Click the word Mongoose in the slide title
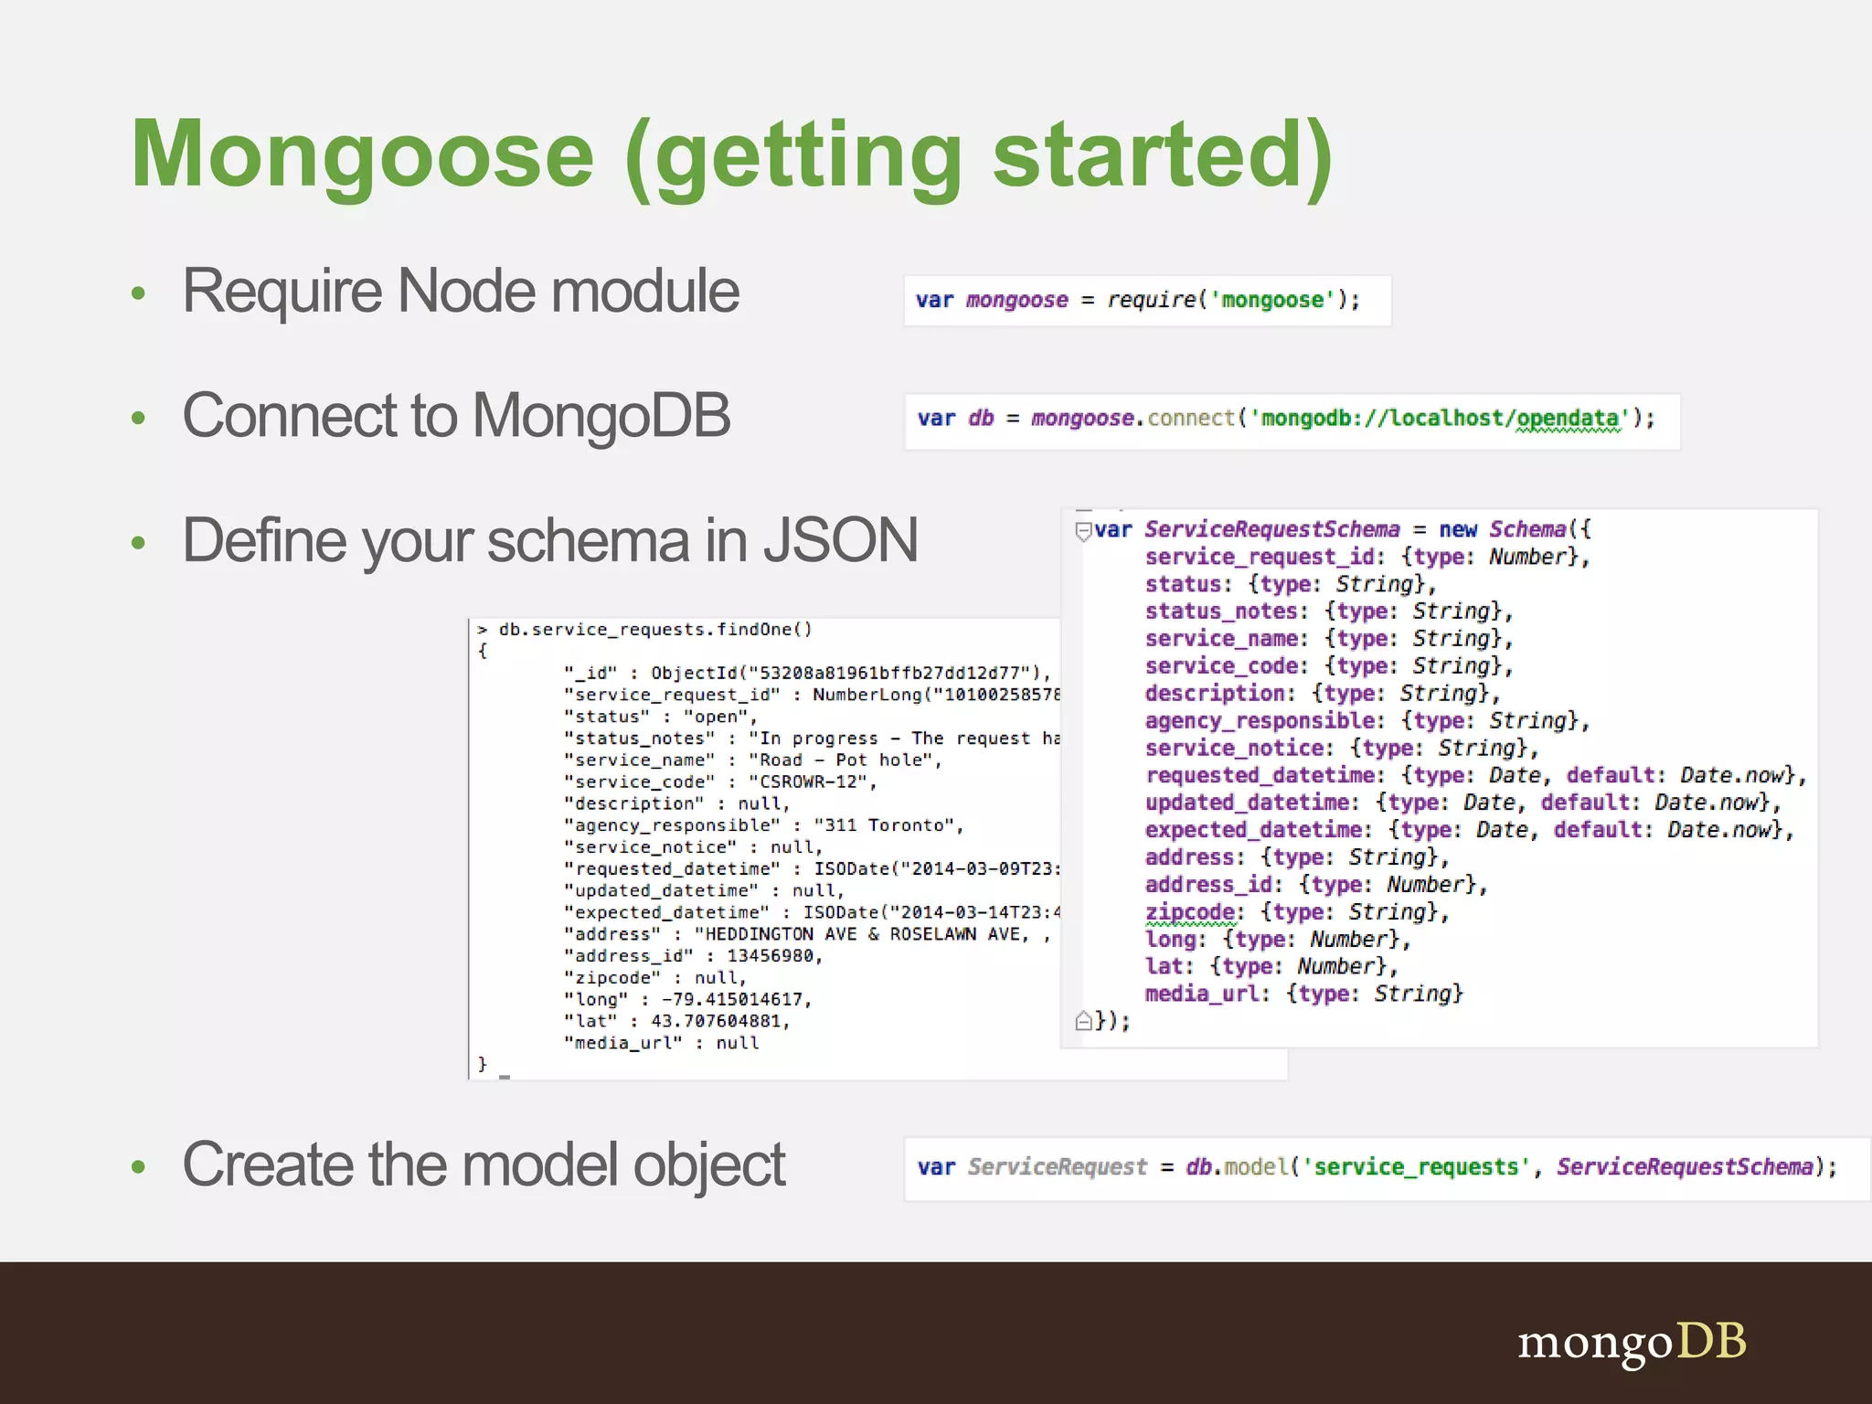[x=363, y=155]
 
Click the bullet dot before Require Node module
[x=139, y=293]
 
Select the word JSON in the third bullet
[x=840, y=540]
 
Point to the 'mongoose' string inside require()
[x=1272, y=300]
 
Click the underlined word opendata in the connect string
[x=1568, y=419]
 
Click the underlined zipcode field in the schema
[x=1189, y=912]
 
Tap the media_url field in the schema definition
[x=1201, y=994]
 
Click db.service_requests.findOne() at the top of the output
[x=654, y=629]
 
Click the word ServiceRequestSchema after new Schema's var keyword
[x=1271, y=529]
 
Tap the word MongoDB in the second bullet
[x=601, y=416]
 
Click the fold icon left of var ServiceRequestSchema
[x=1083, y=530]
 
